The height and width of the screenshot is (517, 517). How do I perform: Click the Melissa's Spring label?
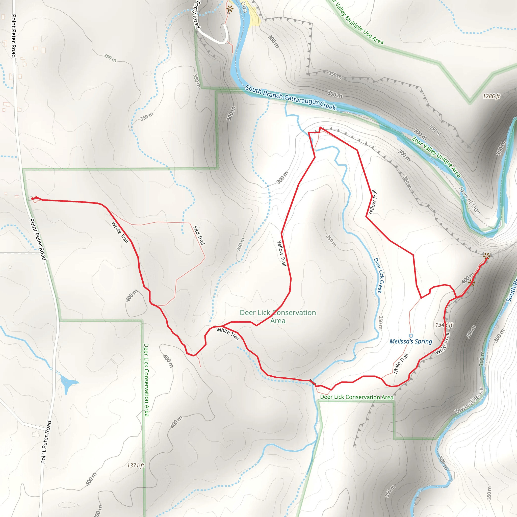point(411,342)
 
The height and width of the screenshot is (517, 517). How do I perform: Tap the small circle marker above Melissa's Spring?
point(411,335)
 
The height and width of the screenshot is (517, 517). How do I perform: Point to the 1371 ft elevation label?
point(136,466)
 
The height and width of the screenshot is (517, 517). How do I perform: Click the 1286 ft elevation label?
point(491,96)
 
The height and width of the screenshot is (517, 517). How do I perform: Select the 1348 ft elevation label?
point(444,325)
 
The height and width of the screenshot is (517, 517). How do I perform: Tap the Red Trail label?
point(199,235)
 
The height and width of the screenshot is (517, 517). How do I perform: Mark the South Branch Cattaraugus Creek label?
point(290,98)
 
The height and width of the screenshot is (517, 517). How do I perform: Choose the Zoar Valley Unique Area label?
point(436,157)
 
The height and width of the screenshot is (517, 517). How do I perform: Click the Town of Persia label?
point(470,401)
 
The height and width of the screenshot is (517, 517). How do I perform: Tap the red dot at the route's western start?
point(33,199)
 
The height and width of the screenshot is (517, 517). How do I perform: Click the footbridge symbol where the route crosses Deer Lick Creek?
point(312,382)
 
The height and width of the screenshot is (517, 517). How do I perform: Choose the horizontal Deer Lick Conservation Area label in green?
point(357,397)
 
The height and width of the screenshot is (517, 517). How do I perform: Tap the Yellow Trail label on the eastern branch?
point(373,202)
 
